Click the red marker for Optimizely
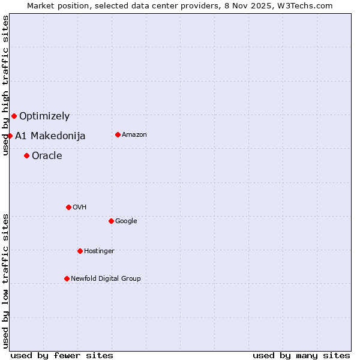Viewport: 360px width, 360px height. (x=14, y=116)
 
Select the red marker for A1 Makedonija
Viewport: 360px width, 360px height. (x=10, y=136)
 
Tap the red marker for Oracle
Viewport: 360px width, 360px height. (x=26, y=155)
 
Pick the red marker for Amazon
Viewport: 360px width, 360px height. (x=118, y=134)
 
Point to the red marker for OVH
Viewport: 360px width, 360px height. (x=68, y=207)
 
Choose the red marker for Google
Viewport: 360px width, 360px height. (x=111, y=221)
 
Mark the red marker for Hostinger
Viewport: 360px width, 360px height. (x=80, y=251)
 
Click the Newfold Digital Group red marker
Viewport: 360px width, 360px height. (x=67, y=278)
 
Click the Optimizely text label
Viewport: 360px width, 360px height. (x=44, y=116)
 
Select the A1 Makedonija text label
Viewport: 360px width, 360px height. (x=50, y=136)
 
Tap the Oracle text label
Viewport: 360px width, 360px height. (x=47, y=156)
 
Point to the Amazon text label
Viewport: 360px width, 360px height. (x=134, y=135)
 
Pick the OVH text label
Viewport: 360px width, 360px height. (x=80, y=208)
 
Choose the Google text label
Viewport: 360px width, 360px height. (x=126, y=221)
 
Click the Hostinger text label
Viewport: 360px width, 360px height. (x=99, y=251)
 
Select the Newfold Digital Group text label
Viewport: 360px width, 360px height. (x=106, y=279)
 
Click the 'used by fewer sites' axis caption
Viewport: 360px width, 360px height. (x=62, y=355)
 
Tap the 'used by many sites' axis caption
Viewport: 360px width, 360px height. (x=301, y=355)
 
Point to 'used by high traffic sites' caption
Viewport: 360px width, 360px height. (x=5, y=85)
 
